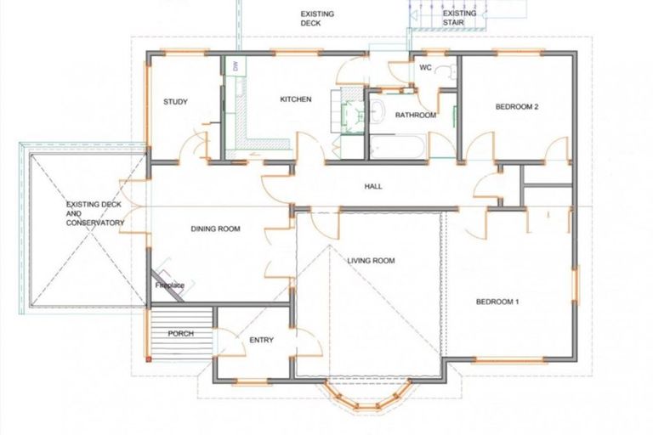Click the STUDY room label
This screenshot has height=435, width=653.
click(x=175, y=103)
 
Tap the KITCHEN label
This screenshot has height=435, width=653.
click(x=296, y=99)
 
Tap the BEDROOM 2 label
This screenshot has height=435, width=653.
click(x=518, y=107)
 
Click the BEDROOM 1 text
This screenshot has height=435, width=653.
click(x=497, y=302)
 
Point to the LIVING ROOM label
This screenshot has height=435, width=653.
click(x=372, y=260)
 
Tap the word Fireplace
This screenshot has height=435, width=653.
click(x=169, y=285)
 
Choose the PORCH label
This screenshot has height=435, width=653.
click(x=180, y=334)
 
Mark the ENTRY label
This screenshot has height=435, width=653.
click(x=261, y=340)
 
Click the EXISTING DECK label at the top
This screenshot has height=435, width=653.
click(x=317, y=20)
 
